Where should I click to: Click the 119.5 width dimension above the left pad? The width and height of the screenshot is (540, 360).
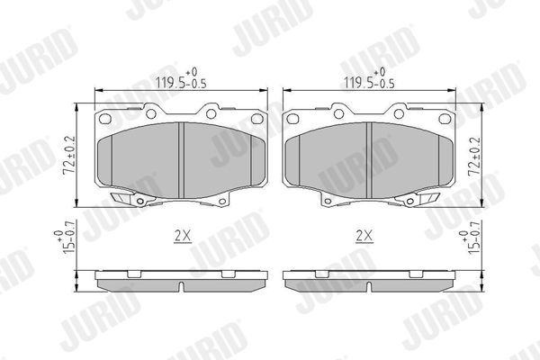click(182, 79)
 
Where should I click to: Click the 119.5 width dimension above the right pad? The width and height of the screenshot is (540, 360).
click(370, 79)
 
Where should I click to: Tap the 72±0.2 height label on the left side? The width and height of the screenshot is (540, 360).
click(69, 155)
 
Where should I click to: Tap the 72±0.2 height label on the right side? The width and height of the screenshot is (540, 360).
click(474, 157)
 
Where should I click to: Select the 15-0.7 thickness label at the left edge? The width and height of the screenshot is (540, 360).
click(65, 238)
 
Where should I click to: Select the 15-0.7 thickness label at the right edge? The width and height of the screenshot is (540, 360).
click(470, 238)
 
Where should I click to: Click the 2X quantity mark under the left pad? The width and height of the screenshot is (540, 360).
click(183, 237)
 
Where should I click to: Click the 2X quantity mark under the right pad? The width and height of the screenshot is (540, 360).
click(364, 237)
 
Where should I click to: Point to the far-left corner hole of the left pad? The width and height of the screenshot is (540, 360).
click(105, 119)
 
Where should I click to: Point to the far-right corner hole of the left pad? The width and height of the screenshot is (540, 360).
click(256, 119)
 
